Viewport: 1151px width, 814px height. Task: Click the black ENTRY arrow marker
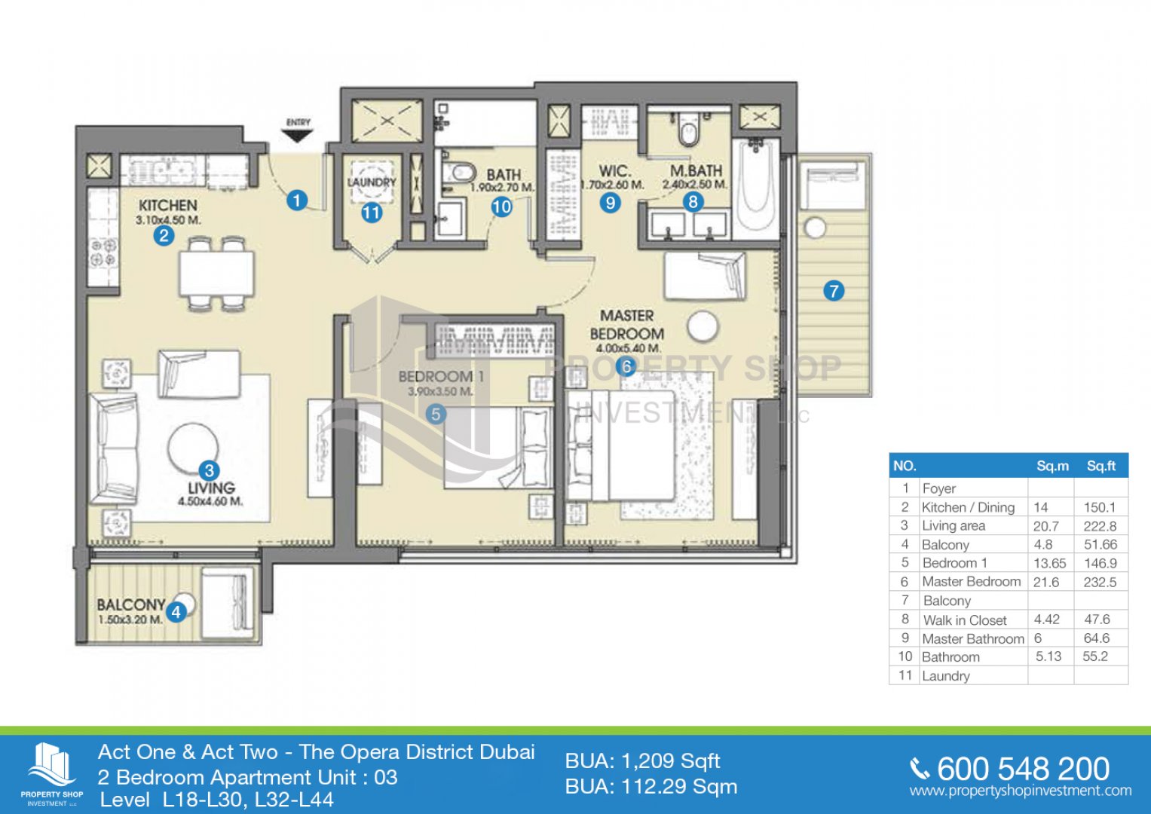coord(298,136)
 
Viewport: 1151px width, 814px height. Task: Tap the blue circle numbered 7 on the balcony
coord(834,291)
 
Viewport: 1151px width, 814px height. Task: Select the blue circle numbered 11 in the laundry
coord(372,212)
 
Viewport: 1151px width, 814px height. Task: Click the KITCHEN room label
coord(168,206)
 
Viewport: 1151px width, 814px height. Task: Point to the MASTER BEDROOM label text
coord(627,324)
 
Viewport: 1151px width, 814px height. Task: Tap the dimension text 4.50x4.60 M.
coord(210,500)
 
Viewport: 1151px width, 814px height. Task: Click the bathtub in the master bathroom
coord(756,188)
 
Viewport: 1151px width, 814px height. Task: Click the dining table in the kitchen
coord(216,274)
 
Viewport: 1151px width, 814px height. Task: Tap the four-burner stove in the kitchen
coord(103,254)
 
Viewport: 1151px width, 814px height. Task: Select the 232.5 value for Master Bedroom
coord(1100,582)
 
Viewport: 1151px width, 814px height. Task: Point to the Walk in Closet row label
coord(965,620)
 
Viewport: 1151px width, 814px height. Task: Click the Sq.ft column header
coord(1100,466)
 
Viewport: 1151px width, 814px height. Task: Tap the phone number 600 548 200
coord(1023,770)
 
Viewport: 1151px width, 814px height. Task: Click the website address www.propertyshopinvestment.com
coord(1021,791)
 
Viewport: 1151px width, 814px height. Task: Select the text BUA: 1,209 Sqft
coord(642,760)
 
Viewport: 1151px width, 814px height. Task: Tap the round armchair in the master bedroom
coord(703,326)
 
